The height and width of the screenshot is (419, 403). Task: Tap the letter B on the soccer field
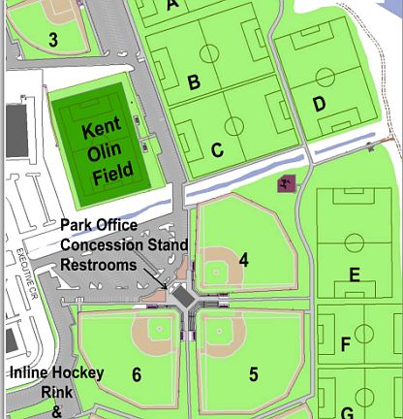[194, 82]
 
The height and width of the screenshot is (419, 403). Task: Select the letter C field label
[217, 150]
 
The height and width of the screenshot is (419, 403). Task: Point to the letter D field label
[319, 104]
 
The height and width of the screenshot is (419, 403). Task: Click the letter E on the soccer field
[355, 275]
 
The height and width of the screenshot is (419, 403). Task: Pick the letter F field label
[346, 344]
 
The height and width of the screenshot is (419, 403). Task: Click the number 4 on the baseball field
[244, 260]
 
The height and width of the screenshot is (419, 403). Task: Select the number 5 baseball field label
[253, 374]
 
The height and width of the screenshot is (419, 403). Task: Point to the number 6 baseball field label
[137, 374]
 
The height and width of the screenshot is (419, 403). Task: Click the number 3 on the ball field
[53, 40]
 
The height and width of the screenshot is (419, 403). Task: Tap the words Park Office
[98, 225]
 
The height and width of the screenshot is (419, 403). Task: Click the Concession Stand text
[125, 244]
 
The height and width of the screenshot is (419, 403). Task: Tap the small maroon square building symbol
[286, 184]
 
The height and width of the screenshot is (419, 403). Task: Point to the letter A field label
[173, 5]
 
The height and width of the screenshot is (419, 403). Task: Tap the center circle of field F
[365, 335]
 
